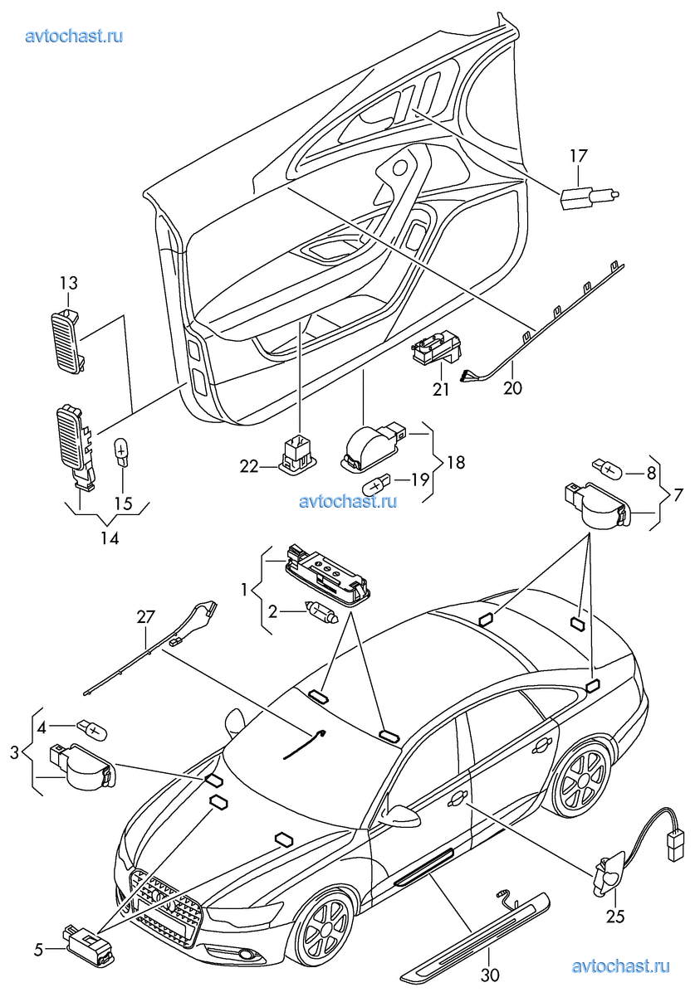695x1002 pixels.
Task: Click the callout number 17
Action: (x=578, y=154)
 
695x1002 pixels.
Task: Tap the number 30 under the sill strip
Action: (x=491, y=975)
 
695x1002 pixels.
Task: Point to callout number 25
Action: (x=615, y=917)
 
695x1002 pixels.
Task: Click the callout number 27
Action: (x=146, y=617)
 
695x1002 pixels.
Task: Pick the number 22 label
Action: (x=249, y=467)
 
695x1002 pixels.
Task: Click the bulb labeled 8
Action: (x=605, y=470)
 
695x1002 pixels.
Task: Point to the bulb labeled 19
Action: (x=379, y=481)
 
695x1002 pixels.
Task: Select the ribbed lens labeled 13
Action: (x=69, y=339)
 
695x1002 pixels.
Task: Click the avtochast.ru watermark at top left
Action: (x=75, y=36)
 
